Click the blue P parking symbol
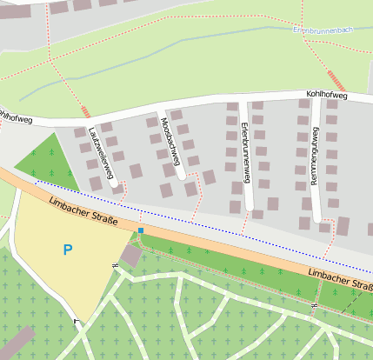[x=68, y=250]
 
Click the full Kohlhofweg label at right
[x=327, y=96]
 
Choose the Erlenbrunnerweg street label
[x=244, y=153]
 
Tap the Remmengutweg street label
[x=316, y=153]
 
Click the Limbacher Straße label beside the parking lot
[x=84, y=211]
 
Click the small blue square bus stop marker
[x=141, y=230]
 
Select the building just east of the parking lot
[x=131, y=256]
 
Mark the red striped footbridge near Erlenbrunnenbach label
[x=337, y=82]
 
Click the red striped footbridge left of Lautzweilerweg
[x=84, y=111]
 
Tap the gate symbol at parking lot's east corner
[x=116, y=264]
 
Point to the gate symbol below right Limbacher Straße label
[x=314, y=306]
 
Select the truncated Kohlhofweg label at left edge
[x=12, y=115]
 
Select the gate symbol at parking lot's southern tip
[x=76, y=322]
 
